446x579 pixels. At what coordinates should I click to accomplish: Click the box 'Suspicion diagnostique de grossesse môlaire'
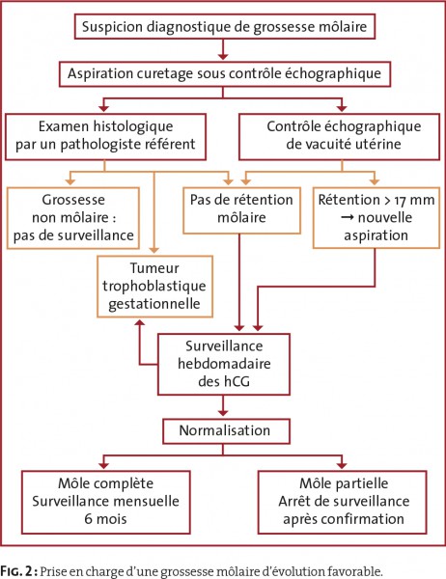pyautogui.click(x=225, y=27)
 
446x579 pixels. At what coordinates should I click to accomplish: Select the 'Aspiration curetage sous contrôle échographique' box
pyautogui.click(x=225, y=73)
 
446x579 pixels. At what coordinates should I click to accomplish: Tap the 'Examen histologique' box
pyautogui.click(x=105, y=137)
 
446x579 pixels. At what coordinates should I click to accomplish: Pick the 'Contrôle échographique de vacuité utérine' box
pyautogui.click(x=339, y=137)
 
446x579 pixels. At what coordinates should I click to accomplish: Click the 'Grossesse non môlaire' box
pyautogui.click(x=73, y=218)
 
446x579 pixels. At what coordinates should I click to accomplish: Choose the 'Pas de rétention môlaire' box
pyautogui.click(x=241, y=210)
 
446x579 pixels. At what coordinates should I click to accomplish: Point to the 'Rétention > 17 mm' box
pyautogui.click(x=376, y=217)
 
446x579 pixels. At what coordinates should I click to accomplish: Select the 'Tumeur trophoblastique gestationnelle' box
pyautogui.click(x=154, y=287)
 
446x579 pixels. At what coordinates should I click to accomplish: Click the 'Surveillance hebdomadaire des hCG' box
pyautogui.click(x=224, y=364)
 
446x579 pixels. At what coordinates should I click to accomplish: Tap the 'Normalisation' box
pyautogui.click(x=226, y=431)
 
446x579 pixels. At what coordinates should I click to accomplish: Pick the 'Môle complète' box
pyautogui.click(x=105, y=502)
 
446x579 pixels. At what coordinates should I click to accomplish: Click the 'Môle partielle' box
pyautogui.click(x=343, y=502)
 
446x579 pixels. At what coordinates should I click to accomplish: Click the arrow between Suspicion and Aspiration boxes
pyautogui.click(x=223, y=49)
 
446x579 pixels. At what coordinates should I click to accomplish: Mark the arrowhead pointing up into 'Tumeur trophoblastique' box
pyautogui.click(x=140, y=323)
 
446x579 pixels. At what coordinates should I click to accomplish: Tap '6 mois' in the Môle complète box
pyautogui.click(x=105, y=519)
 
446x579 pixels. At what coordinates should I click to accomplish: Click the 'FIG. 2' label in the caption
pyautogui.click(x=17, y=571)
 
